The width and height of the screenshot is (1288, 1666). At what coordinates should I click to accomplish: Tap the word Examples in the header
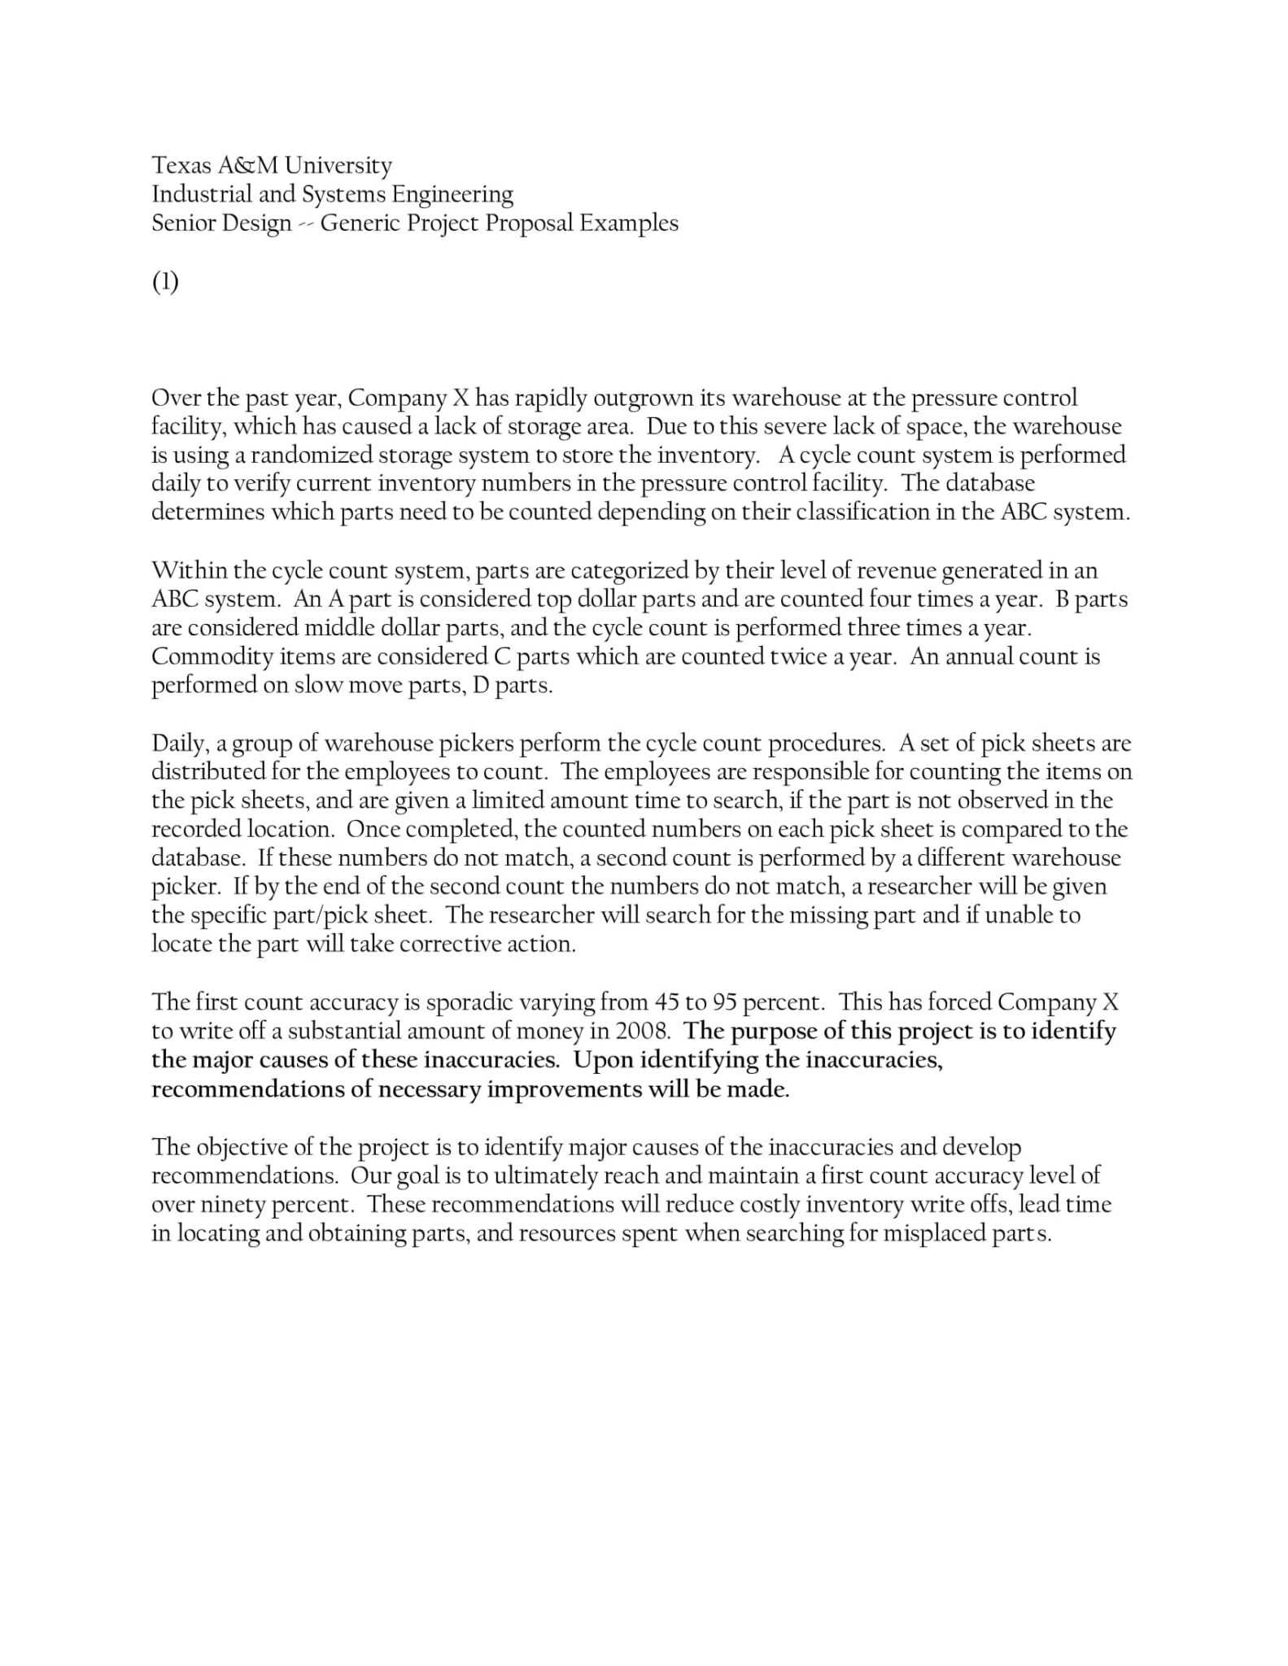click(628, 223)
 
